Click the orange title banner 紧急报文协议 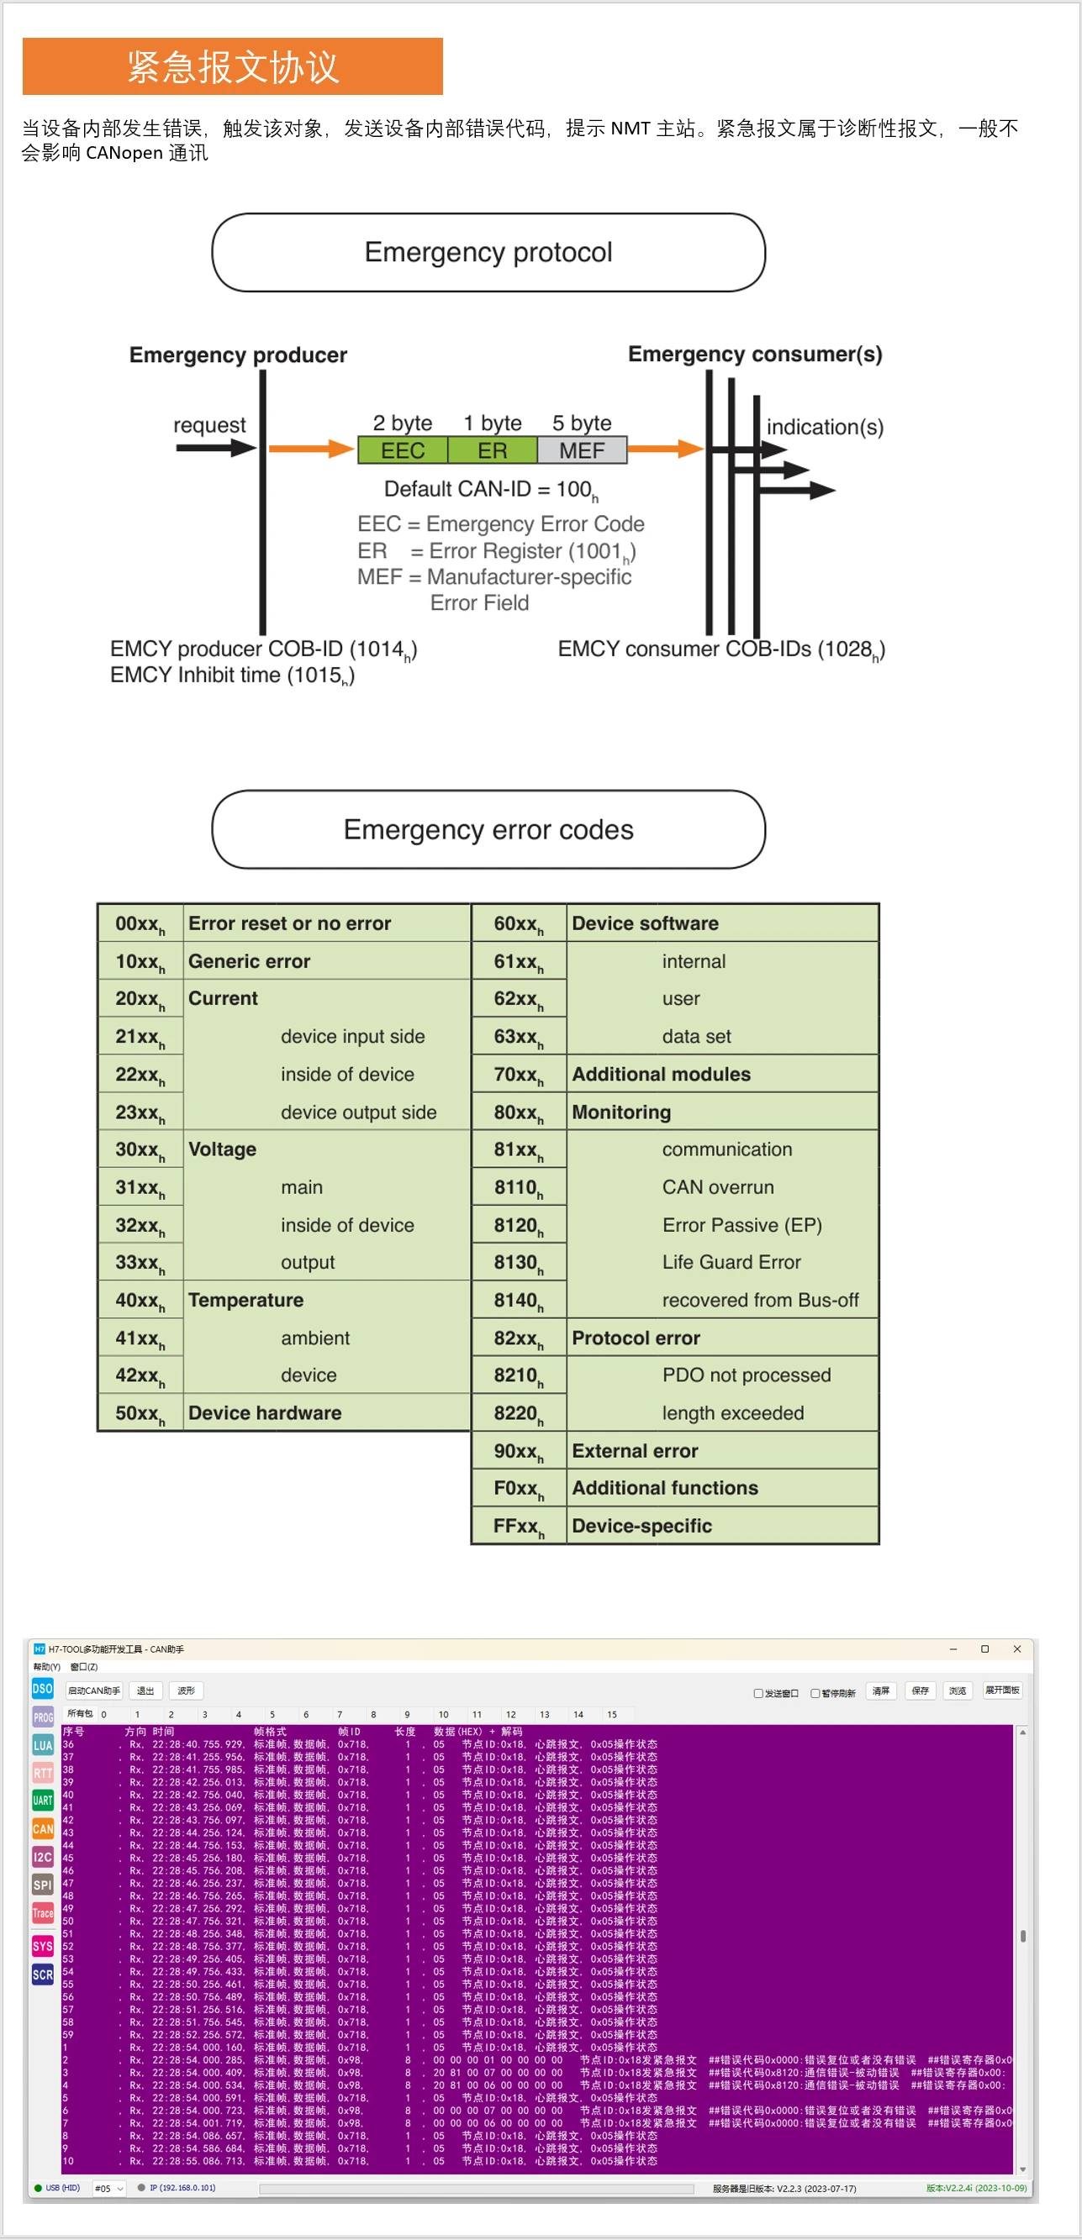coord(232,66)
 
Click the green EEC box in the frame coord(403,450)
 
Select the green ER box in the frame coord(493,450)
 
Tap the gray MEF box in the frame coord(582,450)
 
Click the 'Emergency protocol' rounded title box coord(488,252)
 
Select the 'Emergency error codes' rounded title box coord(488,829)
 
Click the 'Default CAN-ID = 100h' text coord(489,490)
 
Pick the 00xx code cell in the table coord(140,923)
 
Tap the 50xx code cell coord(140,1413)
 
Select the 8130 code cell coord(519,1263)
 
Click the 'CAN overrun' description coord(718,1187)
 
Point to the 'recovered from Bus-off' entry coord(760,1300)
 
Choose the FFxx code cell coord(519,1526)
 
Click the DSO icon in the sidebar coord(43,1689)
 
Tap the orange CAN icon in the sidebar coord(43,1828)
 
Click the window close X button coord(1016,1648)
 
